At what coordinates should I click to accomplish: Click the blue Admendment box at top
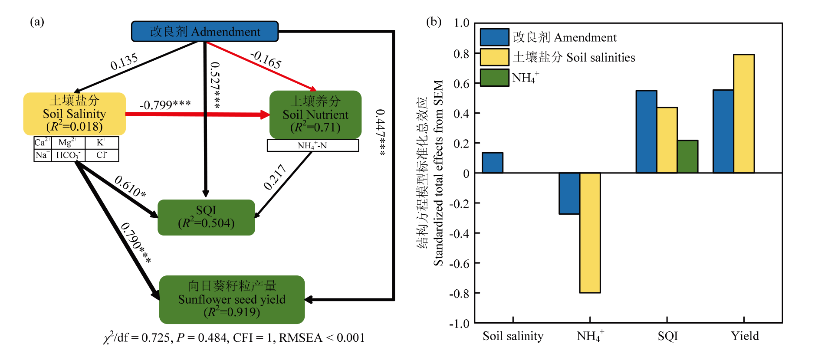[x=205, y=32]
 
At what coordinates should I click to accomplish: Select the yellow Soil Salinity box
[x=75, y=114]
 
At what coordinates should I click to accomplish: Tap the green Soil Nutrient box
[x=315, y=115]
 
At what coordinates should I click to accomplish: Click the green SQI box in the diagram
[x=206, y=217]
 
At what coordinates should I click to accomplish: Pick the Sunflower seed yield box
[x=232, y=299]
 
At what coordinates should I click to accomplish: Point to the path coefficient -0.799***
[x=165, y=105]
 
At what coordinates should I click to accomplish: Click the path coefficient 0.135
[x=124, y=62]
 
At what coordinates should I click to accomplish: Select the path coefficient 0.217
[x=275, y=177]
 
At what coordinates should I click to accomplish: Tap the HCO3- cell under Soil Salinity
[x=68, y=155]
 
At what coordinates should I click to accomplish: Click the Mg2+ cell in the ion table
[x=68, y=143]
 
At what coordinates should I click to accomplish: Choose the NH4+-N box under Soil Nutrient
[x=312, y=146]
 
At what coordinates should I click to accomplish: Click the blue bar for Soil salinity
[x=493, y=163]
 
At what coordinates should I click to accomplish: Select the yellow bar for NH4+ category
[x=590, y=232]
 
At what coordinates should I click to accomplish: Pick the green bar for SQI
[x=687, y=157]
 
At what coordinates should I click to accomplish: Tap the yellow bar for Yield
[x=744, y=114]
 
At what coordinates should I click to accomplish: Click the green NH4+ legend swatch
[x=494, y=78]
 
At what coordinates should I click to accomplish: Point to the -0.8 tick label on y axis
[x=459, y=294]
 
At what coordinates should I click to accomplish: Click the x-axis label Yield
[x=745, y=336]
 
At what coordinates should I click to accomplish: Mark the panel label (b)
[x=434, y=22]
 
